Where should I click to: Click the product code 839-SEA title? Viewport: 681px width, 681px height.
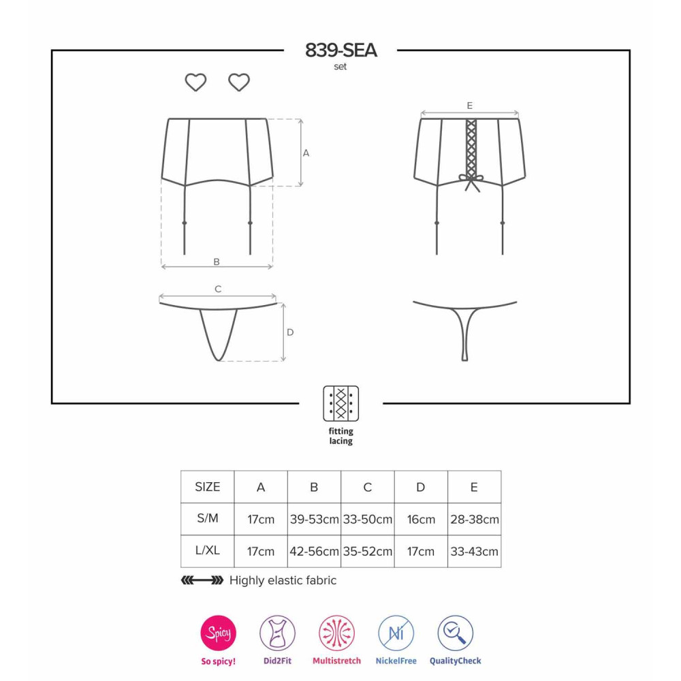click(340, 50)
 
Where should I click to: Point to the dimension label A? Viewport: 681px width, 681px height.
click(306, 153)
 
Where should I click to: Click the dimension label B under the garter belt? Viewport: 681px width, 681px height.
click(217, 262)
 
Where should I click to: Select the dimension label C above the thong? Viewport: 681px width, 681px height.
click(218, 289)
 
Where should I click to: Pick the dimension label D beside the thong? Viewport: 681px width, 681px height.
click(290, 332)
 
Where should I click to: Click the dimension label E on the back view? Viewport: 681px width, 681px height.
click(469, 106)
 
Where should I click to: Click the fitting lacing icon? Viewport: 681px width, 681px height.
click(341, 403)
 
